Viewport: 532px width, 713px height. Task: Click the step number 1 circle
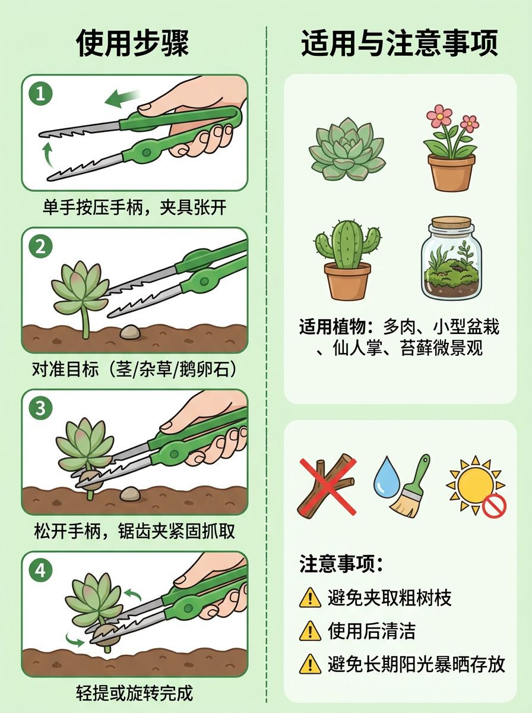tap(40, 94)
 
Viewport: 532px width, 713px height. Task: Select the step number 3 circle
tap(40, 408)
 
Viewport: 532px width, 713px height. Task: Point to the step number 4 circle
tap(40, 570)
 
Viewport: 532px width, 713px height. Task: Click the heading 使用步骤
tap(132, 43)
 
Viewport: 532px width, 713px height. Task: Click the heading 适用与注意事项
tap(400, 43)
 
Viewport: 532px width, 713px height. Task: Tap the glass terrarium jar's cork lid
tap(451, 223)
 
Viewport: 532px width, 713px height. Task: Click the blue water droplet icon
tap(387, 478)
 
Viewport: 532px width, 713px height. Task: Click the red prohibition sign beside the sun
tap(495, 506)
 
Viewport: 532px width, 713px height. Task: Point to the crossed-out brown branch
tap(327, 485)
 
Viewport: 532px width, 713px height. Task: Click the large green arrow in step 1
tap(122, 98)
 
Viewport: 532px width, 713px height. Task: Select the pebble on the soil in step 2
tap(130, 332)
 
